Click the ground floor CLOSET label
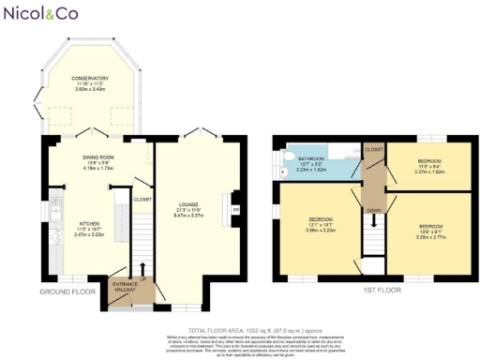pos(143,199)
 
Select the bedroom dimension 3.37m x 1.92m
pos(430,172)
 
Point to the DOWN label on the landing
pos(374,210)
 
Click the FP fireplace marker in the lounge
pos(235,208)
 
